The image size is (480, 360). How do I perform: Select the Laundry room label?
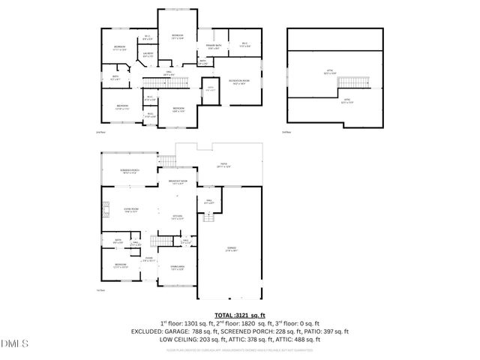click(x=148, y=54)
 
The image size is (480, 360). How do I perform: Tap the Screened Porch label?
click(x=129, y=171)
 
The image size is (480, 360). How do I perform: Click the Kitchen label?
click(x=177, y=217)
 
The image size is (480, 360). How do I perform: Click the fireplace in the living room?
click(x=106, y=211)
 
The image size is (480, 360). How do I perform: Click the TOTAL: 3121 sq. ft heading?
click(x=240, y=316)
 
